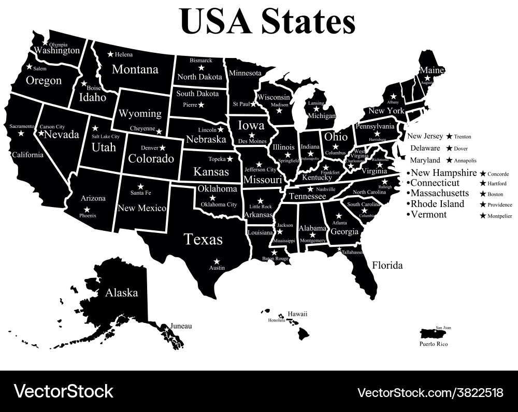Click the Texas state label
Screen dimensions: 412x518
[204, 240]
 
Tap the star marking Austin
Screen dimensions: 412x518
[217, 261]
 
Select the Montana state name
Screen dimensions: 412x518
[135, 69]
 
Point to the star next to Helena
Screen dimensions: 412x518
[110, 54]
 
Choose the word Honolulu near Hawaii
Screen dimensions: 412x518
[277, 320]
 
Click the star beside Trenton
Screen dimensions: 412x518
[449, 137]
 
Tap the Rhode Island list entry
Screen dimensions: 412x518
[437, 204]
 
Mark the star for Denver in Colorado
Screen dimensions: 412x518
[163, 148]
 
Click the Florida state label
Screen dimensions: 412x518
[387, 266]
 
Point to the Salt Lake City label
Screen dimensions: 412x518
[106, 137]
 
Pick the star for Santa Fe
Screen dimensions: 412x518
[140, 186]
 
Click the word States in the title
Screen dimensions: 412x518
[308, 21]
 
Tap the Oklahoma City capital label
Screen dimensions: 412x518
[219, 204]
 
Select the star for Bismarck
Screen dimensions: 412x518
[201, 68]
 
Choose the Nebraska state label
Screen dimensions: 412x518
[206, 140]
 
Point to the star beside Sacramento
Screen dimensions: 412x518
[21, 134]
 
